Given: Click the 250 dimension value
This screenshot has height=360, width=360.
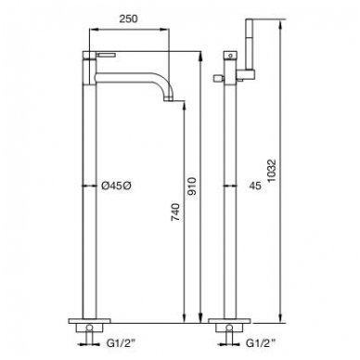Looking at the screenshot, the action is [x=128, y=19].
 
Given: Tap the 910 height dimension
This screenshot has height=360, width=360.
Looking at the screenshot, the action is [x=192, y=186].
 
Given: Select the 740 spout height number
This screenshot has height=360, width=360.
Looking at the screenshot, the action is [x=175, y=212].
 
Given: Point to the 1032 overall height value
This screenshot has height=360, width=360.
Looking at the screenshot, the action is [x=271, y=171].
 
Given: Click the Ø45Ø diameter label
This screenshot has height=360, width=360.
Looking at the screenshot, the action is [x=116, y=186].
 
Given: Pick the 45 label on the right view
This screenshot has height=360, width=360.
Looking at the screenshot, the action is [x=255, y=186].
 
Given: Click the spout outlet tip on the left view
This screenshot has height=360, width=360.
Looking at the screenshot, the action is [x=168, y=99].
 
